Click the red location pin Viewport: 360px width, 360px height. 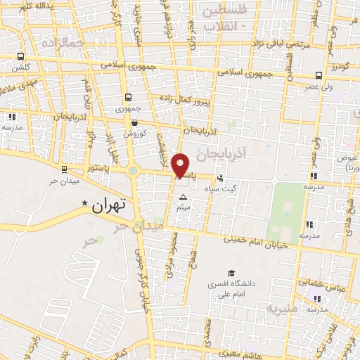[x=181, y=165]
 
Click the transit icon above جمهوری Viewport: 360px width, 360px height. [x=128, y=98]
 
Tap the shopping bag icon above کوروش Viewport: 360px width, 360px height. [x=134, y=122]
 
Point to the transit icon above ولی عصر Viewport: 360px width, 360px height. [x=319, y=75]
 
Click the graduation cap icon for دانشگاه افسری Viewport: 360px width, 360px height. [x=231, y=274]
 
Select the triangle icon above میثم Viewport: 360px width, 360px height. [x=184, y=198]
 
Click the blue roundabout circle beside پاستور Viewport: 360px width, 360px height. [x=132, y=169]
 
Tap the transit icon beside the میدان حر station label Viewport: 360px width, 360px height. [x=64, y=169]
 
